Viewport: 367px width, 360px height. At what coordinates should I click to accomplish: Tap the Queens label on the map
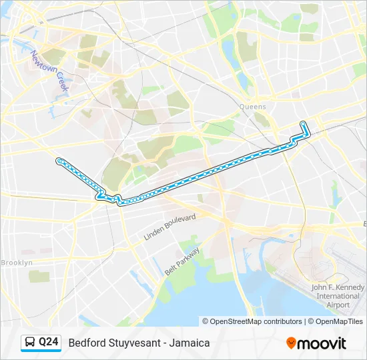(x=253, y=107)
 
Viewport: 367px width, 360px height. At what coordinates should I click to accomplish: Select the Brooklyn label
(x=17, y=263)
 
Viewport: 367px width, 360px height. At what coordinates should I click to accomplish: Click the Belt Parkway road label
(x=181, y=263)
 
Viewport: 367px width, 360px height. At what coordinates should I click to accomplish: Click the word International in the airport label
(x=338, y=296)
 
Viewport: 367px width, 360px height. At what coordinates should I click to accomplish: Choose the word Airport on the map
(x=338, y=305)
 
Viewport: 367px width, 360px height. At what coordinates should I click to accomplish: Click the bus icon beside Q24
(x=30, y=342)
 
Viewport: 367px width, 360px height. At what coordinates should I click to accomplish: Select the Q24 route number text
(x=49, y=342)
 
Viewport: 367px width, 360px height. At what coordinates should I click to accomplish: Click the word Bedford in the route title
(x=85, y=343)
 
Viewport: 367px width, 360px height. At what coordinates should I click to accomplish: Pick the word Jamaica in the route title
(x=191, y=343)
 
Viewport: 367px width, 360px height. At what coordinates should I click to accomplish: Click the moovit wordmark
(x=322, y=343)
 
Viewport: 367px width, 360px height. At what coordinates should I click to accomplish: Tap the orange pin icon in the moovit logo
(x=291, y=343)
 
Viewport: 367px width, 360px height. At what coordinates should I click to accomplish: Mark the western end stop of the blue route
(x=59, y=160)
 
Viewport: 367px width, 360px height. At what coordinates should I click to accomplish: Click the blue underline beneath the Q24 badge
(x=41, y=351)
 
